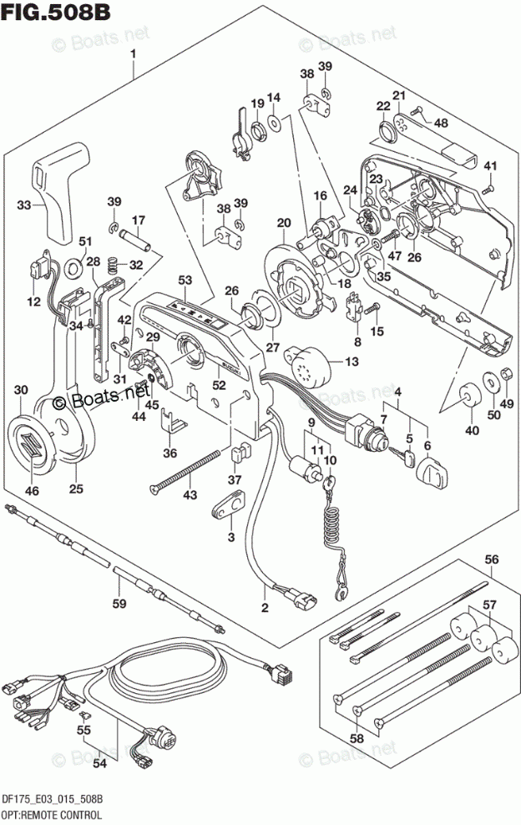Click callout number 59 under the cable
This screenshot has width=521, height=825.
(119, 604)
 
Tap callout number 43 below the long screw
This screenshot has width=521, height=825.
(190, 496)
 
